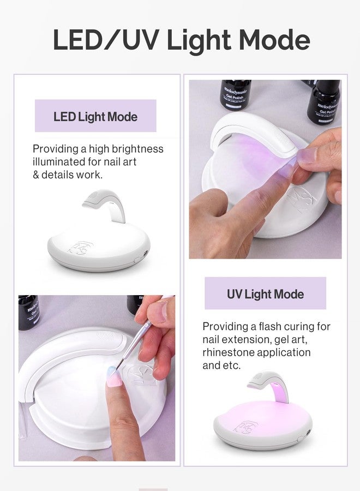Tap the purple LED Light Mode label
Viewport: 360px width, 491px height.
95,116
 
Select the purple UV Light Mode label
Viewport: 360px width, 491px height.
265,294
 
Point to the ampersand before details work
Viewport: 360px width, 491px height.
37,175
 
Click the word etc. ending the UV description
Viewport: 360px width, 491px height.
230,365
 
